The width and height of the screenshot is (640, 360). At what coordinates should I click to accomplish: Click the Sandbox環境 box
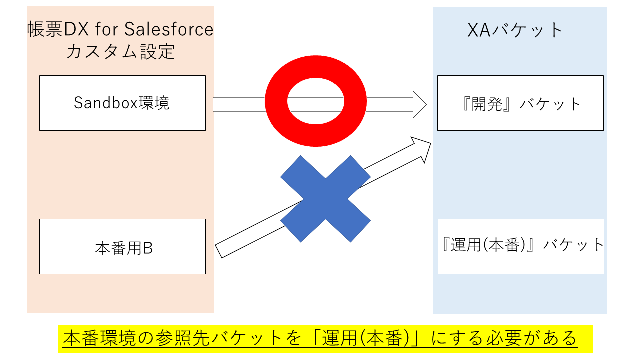[x=122, y=103]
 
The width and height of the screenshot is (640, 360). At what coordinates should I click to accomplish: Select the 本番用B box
[x=122, y=246]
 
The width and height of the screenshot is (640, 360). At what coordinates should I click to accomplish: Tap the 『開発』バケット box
[x=520, y=103]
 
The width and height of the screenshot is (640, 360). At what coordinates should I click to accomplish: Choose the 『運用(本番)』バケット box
[x=521, y=246]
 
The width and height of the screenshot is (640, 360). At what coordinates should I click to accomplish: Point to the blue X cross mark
[x=325, y=199]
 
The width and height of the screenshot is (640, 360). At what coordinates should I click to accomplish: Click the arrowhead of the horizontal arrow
[x=420, y=104]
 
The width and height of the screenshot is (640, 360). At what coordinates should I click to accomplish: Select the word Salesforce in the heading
[x=169, y=30]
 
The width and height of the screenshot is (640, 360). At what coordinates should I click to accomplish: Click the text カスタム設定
[x=121, y=52]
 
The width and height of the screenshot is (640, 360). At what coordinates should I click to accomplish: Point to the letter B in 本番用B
[x=148, y=248]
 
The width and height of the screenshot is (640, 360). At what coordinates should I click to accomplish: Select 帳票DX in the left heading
[x=52, y=30]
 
